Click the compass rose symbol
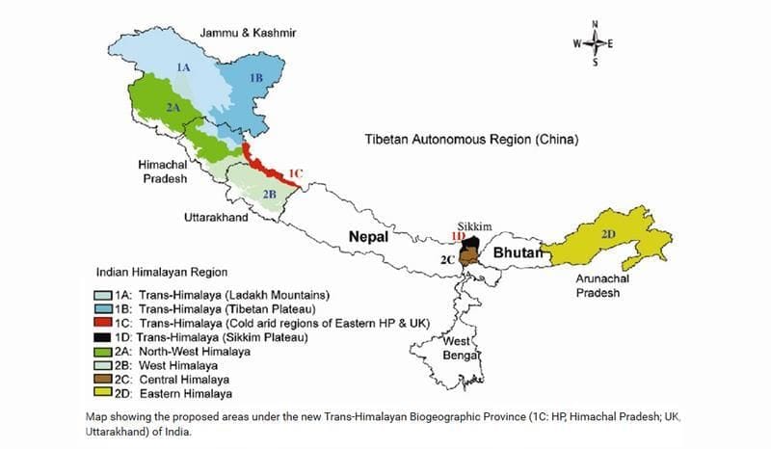pyautogui.click(x=595, y=42)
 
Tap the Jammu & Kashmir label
pyautogui.click(x=248, y=33)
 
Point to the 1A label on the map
pyautogui.click(x=183, y=66)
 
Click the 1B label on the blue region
pyautogui.click(x=255, y=77)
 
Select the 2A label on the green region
pyautogui.click(x=173, y=107)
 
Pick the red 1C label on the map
pyautogui.click(x=295, y=173)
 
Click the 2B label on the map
pyautogui.click(x=270, y=193)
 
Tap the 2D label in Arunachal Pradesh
pyautogui.click(x=607, y=234)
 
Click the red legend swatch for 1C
pyautogui.click(x=103, y=323)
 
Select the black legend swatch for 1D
pyautogui.click(x=103, y=337)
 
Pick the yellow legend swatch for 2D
pyautogui.click(x=103, y=393)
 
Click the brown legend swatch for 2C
pyautogui.click(x=103, y=380)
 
